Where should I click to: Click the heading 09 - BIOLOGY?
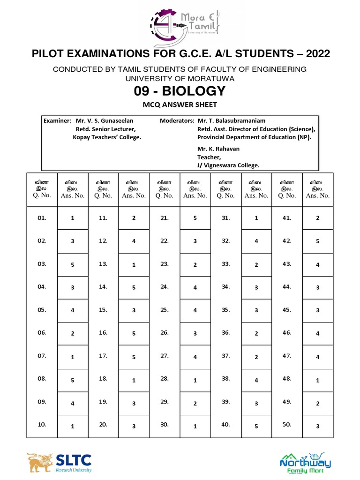point(180,90)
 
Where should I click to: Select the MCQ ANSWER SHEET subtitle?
point(180,105)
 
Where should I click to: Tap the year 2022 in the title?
point(318,54)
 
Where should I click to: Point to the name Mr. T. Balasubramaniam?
point(232,120)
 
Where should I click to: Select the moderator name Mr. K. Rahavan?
point(218,149)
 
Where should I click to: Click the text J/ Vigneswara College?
point(228,165)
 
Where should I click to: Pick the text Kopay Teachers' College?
point(107,137)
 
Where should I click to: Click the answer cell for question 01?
point(73,218)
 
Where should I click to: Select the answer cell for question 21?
point(195,218)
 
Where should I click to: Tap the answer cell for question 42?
point(318,241)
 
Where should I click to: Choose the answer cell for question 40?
point(256,426)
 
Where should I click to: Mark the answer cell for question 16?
point(134,334)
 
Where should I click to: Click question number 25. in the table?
point(165,310)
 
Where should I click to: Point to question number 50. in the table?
point(287,425)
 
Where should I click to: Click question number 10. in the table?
point(42,425)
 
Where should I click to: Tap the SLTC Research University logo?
point(59,462)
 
